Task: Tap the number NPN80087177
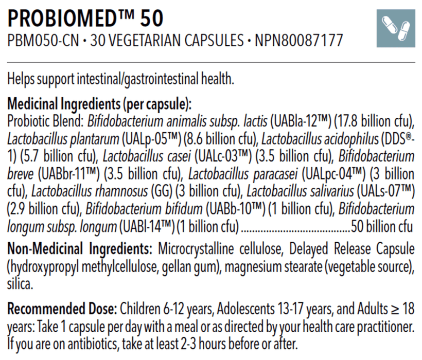coord(298,41)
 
